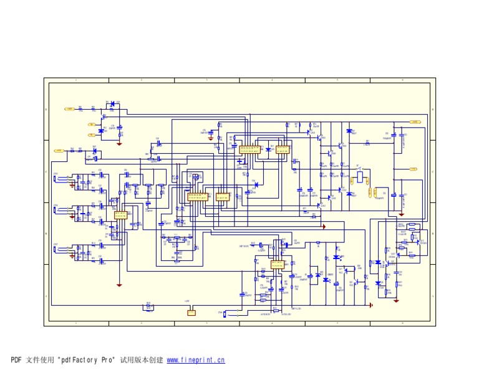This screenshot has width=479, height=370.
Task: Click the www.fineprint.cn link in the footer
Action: tap(196, 360)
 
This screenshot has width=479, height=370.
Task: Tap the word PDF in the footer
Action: tap(16, 360)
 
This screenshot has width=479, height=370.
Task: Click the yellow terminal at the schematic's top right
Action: tap(414, 123)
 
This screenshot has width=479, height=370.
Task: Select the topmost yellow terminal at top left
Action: tap(70, 109)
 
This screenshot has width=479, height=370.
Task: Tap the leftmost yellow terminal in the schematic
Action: tap(59, 151)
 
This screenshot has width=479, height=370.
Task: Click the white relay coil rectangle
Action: tap(359, 177)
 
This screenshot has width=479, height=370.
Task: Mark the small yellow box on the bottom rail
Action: tap(191, 313)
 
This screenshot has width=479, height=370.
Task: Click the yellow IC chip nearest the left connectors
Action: tap(120, 215)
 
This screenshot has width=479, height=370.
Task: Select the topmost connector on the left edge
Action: tap(56, 179)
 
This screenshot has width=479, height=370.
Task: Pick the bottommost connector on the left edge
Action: tap(56, 250)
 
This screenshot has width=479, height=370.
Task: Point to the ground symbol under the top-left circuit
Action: tap(119, 143)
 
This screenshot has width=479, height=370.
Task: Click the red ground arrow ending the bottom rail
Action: tap(372, 305)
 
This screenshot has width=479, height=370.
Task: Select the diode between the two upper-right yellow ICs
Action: tap(268, 149)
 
